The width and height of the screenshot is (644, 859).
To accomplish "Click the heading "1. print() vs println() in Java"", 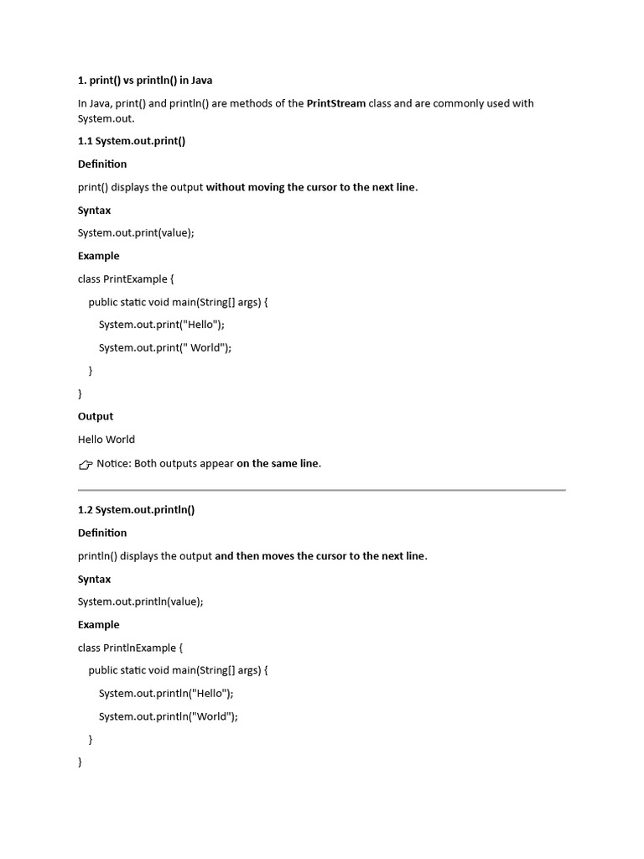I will pos(145,81).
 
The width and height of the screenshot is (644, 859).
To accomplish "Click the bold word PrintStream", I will pos(336,103).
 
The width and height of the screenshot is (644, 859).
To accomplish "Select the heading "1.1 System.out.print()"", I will pos(132,141).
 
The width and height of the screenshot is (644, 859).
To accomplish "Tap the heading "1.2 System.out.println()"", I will pos(136,510).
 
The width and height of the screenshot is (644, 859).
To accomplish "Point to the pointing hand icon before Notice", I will pos(86,465).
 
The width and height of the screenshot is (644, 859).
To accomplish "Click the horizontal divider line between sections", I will pos(322,489).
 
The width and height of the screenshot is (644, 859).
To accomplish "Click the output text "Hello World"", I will pos(106,440).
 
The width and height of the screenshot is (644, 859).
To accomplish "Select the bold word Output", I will pos(96,417).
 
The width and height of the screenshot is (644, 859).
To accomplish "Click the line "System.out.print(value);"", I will pos(136,233).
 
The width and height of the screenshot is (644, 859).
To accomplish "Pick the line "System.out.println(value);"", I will pos(141,601).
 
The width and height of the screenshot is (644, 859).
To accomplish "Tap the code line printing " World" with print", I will pos(164,347).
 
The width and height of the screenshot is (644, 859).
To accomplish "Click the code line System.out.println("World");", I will pos(168,716).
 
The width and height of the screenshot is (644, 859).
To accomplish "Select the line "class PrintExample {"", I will pos(126,279).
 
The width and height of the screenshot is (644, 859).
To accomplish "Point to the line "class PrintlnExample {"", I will pos(130,648).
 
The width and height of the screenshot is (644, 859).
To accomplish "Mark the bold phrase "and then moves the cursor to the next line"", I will pos(319,556).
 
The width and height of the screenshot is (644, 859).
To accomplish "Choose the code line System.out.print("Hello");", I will pos(161,325).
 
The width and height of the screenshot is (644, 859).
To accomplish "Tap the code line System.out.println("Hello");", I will pos(166,694).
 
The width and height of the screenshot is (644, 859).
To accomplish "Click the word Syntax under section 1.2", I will pos(95,580).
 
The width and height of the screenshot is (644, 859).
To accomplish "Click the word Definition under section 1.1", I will pos(102,164).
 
